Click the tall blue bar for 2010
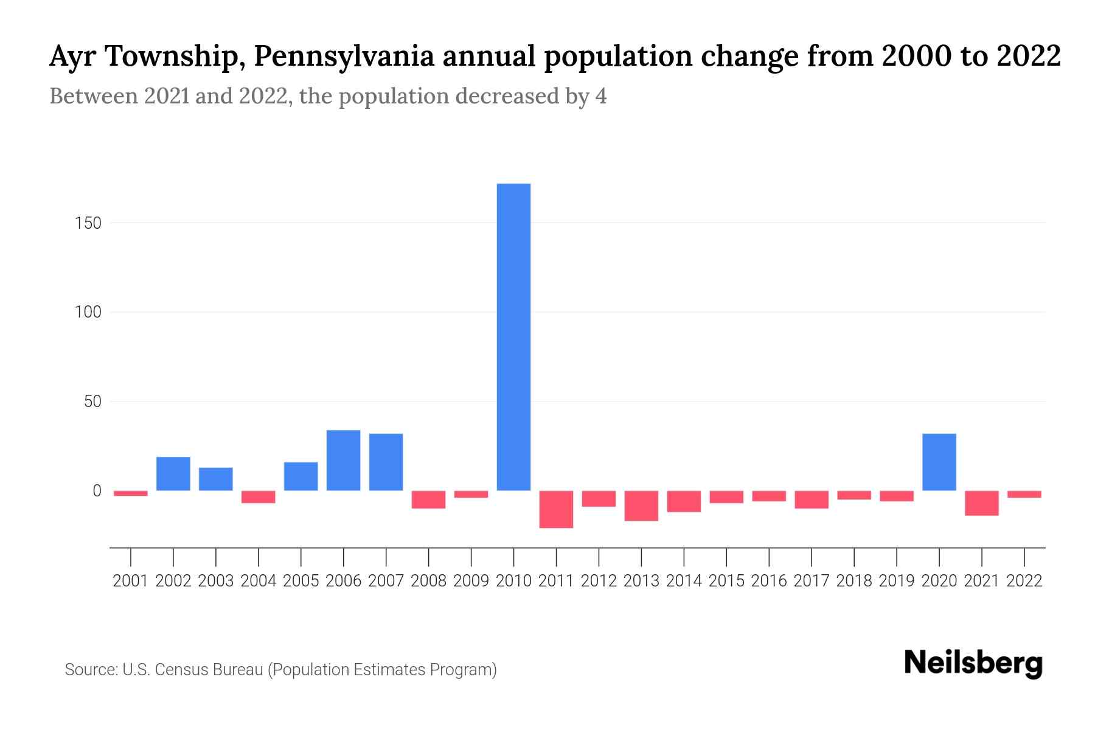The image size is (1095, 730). tap(513, 336)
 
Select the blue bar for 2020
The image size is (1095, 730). tap(939, 462)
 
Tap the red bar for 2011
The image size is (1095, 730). tap(556, 509)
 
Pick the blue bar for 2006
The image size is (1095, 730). tap(343, 460)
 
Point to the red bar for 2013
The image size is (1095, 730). tap(641, 506)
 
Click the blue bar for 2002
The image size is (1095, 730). tap(173, 473)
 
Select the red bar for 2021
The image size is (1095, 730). tap(981, 503)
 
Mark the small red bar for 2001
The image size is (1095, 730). tap(131, 493)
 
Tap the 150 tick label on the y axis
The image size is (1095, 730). tap(88, 223)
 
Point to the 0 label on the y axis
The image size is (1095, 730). tap(97, 491)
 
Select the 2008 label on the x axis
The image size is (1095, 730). tap(428, 581)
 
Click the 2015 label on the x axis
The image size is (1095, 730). tap(726, 581)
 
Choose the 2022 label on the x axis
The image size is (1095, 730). tap(1024, 581)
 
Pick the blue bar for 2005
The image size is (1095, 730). tap(301, 476)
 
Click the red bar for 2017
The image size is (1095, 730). tap(812, 499)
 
